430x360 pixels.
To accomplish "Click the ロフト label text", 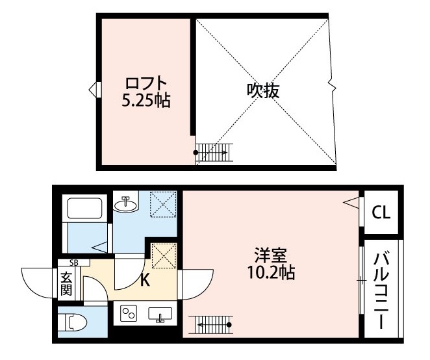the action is point(146,83).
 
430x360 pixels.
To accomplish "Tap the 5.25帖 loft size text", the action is point(146,101).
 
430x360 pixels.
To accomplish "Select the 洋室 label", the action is point(271,255).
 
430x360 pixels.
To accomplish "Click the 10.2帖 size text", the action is point(271,272).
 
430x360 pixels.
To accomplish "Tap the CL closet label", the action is point(381,212).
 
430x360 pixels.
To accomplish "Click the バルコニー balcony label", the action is point(381,290).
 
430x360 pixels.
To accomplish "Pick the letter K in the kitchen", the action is point(145,281).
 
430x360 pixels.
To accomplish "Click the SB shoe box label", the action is point(74,263).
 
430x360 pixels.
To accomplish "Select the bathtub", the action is point(84,207).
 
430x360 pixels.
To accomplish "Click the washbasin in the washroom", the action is point(126,205).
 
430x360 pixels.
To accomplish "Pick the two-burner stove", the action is point(129,313).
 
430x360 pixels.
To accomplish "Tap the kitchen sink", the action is point(160,314).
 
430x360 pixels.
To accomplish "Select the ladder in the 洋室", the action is point(211,325).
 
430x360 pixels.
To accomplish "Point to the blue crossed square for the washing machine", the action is point(163,205).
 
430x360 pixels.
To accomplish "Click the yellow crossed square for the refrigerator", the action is point(164,255).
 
